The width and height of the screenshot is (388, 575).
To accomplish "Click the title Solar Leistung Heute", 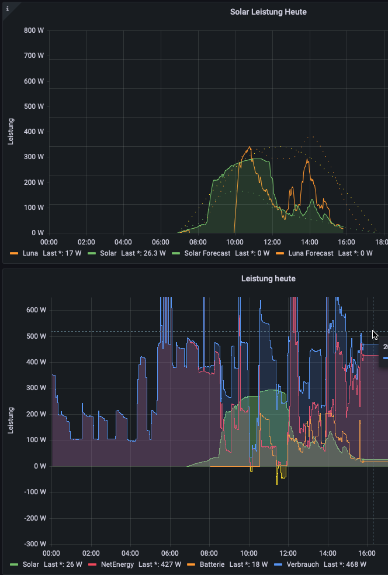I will [268, 12].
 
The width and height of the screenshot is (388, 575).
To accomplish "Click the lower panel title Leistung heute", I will [268, 278].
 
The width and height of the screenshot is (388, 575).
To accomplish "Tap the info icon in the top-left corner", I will [7, 8].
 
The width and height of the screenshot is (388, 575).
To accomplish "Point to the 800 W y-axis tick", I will [33, 31].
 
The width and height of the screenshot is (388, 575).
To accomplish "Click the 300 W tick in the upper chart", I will [33, 157].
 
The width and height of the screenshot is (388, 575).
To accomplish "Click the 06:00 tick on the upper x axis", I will [160, 242].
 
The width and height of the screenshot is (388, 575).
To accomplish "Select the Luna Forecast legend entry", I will [311, 253].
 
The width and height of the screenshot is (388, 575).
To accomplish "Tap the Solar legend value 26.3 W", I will [155, 253].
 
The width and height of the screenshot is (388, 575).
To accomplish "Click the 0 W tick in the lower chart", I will [40, 466].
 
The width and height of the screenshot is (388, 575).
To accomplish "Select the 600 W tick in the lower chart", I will [36, 310].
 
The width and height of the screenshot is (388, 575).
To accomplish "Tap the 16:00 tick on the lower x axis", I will [366, 553].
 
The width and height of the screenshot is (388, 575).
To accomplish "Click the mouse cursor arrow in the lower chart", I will [375, 335].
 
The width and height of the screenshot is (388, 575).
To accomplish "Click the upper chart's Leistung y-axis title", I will [11, 132].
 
